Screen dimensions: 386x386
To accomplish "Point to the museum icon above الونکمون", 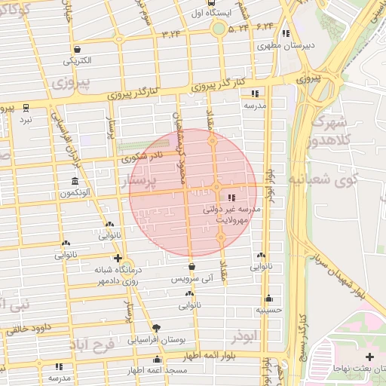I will click(74, 182).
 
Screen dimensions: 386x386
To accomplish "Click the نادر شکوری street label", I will click(142, 157).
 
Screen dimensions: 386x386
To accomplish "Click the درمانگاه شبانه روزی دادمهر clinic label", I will click(118, 275).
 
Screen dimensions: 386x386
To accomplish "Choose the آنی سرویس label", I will click(192, 278).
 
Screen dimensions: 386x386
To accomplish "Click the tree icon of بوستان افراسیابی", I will click(156, 327).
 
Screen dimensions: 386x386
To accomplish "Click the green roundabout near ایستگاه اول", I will click(218, 29).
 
